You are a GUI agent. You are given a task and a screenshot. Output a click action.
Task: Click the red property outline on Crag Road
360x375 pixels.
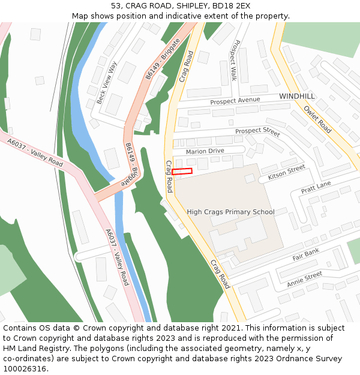tap(182, 172)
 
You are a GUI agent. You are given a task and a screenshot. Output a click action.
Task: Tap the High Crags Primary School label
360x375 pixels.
tap(230, 212)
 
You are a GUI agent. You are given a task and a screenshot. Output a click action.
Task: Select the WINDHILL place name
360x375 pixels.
tap(296, 96)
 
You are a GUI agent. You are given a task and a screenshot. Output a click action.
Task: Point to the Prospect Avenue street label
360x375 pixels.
tap(235, 101)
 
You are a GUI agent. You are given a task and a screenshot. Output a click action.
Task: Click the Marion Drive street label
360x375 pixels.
tap(205, 152)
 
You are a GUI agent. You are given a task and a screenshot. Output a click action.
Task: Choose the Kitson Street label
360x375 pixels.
tap(287, 173)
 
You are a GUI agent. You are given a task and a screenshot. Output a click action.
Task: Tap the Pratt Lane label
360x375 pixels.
tap(316, 188)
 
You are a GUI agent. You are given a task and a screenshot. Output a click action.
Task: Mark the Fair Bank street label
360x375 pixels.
tap(306, 255)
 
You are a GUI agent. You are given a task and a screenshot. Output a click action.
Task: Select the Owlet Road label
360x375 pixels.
tap(317, 119)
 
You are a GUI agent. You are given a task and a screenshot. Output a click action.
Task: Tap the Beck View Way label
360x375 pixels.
tap(107, 82)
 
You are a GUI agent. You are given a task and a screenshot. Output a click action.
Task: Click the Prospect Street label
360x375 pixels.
tap(257, 131)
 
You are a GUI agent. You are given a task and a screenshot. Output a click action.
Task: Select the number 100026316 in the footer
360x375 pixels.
tap(25, 369)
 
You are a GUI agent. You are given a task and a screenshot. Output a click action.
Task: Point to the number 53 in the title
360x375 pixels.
tap(115, 6)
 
